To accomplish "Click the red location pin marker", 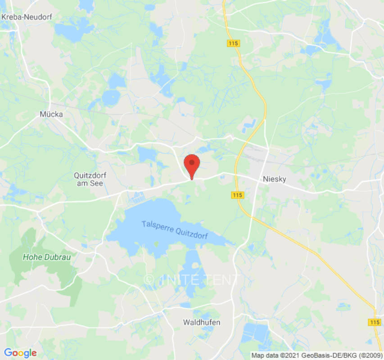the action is point(192,164).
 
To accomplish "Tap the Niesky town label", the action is point(275,179).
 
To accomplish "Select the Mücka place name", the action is point(51,114).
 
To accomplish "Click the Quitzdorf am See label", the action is point(89,179).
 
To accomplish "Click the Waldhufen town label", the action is point(201,322).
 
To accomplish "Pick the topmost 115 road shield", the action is point(233,43).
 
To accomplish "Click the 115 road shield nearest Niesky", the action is point(238,195).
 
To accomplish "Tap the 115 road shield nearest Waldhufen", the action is point(374,322).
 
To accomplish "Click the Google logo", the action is point(20,353).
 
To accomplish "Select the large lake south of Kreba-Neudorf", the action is point(72,31).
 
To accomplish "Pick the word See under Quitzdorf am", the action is point(97,184).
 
